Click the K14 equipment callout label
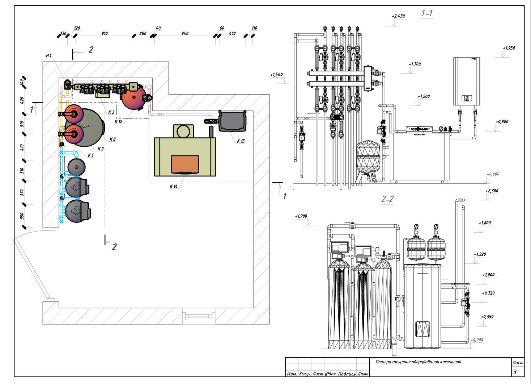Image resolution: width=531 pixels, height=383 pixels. pyautogui.click(x=174, y=186)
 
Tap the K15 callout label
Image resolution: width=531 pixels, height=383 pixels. pyautogui.click(x=241, y=141)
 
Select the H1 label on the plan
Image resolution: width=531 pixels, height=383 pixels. pyautogui.click(x=49, y=55)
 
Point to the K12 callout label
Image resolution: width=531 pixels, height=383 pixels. pyautogui.click(x=118, y=122)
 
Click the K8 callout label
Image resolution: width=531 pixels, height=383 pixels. pyautogui.click(x=112, y=139)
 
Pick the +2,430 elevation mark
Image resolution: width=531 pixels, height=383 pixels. pyautogui.click(x=398, y=16)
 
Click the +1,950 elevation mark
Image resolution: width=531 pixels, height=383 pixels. pyautogui.click(x=509, y=48)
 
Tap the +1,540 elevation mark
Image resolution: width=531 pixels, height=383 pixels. pyautogui.click(x=276, y=75)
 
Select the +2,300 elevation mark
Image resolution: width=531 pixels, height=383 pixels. pyautogui.click(x=492, y=191)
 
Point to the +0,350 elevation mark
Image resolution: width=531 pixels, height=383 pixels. pyautogui.click(x=487, y=317)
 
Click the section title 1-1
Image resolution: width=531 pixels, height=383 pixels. pyautogui.click(x=427, y=13)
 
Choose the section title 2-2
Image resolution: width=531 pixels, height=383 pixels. pyautogui.click(x=387, y=199)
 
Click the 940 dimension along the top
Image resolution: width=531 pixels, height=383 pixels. pyautogui.click(x=184, y=33)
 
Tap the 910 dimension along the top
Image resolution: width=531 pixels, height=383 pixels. pyautogui.click(x=104, y=33)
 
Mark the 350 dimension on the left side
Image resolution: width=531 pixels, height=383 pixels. pyautogui.click(x=22, y=216)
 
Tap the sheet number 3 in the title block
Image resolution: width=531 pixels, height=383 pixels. pyautogui.click(x=515, y=372)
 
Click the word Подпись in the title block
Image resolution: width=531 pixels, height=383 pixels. pyautogui.click(x=347, y=374)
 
